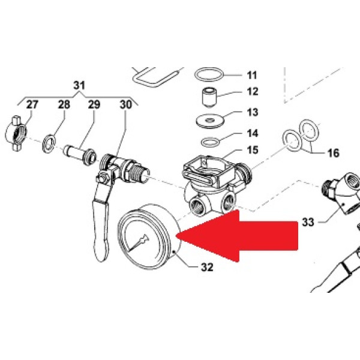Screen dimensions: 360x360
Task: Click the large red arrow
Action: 237,236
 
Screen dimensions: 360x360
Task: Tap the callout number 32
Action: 207,267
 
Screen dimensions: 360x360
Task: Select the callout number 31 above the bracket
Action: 79,85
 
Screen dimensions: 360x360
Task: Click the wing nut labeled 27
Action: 16,134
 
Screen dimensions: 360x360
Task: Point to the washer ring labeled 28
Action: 49,144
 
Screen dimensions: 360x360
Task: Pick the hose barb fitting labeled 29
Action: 80,155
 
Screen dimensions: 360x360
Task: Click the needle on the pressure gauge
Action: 138,242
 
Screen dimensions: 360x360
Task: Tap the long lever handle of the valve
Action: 101,230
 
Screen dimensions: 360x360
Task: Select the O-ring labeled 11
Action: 209,74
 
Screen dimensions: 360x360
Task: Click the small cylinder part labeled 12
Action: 209,98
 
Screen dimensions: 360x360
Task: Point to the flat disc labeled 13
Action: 209,121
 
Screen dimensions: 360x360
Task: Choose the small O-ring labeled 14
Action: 210,142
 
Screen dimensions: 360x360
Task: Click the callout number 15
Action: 253,150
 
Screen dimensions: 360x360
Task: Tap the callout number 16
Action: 334,153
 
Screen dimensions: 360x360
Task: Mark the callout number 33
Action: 308,222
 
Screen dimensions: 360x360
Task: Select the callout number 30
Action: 126,104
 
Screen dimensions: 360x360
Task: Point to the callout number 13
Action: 253,112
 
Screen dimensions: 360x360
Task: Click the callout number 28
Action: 64,104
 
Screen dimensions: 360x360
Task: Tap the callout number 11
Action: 252,76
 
